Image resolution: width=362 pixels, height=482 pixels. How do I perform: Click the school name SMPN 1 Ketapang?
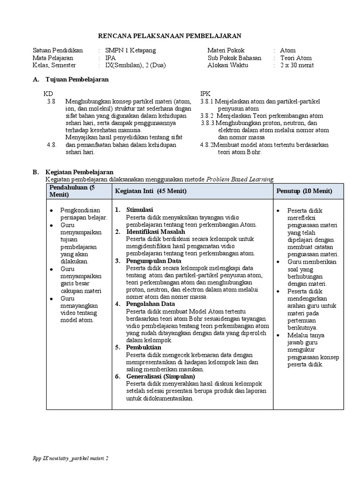click(130, 50)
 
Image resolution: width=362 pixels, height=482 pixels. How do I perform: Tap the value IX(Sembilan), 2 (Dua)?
click(135, 65)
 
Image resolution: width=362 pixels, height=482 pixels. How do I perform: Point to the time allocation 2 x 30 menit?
click(296, 65)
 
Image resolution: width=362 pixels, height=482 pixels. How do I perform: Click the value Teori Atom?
click(296, 58)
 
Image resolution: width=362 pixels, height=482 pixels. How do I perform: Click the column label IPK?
click(206, 93)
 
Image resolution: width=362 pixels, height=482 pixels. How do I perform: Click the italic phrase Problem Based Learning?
click(240, 179)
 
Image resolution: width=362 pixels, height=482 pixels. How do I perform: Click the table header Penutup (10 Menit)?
click(304, 191)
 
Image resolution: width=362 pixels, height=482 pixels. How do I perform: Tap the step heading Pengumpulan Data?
click(154, 260)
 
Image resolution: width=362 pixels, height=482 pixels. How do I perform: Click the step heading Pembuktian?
click(143, 347)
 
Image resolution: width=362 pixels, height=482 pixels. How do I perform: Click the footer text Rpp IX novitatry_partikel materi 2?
click(70, 458)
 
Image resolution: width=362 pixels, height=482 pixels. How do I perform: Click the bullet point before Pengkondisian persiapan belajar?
click(51, 210)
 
